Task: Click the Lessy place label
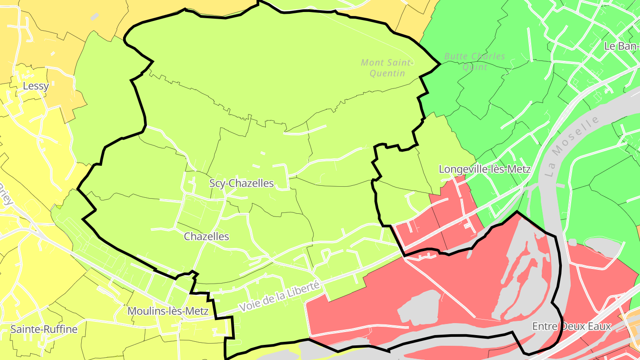[x=36, y=86]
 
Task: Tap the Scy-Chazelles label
[x=241, y=183]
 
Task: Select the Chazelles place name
[x=207, y=236]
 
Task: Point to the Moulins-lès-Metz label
[x=168, y=311]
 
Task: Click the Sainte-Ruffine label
[x=44, y=329]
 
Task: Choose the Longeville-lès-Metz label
[x=484, y=169]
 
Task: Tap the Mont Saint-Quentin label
[x=388, y=68]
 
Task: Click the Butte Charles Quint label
[x=475, y=61]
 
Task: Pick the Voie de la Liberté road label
[x=280, y=296]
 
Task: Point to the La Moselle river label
[x=572, y=147]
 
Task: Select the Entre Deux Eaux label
[x=572, y=326]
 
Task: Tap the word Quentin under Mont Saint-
[x=388, y=73]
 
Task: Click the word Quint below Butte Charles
[x=475, y=67]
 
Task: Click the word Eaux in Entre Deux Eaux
[x=600, y=326]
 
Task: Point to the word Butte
[x=455, y=56]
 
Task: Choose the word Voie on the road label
[x=248, y=307]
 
